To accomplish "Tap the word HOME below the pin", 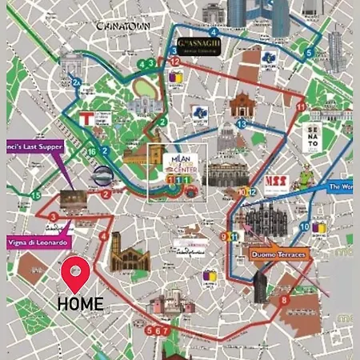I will [80, 304].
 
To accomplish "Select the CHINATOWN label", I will [123, 26].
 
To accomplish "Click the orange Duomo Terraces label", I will [278, 255].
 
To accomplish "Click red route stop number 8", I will [285, 300].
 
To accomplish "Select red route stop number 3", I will [53, 217].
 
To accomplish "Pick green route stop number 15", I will [35, 195].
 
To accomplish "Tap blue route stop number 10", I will [305, 227].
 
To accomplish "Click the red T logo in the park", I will [83, 116].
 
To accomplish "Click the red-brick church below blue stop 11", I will [241, 105].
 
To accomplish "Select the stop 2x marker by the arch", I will [77, 82].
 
